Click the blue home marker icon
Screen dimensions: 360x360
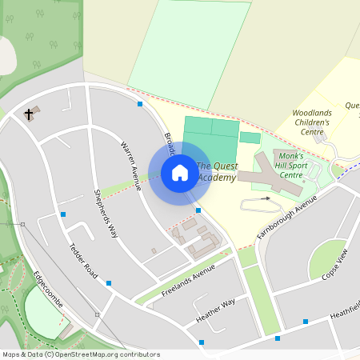point(180,172)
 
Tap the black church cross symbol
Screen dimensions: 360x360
point(30,114)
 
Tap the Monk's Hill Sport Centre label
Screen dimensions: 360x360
point(291,165)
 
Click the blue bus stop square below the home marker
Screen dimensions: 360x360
point(198,210)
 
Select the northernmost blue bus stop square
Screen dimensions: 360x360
point(140,104)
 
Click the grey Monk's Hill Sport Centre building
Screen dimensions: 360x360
point(276,174)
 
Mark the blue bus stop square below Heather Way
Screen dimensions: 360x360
point(202,342)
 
